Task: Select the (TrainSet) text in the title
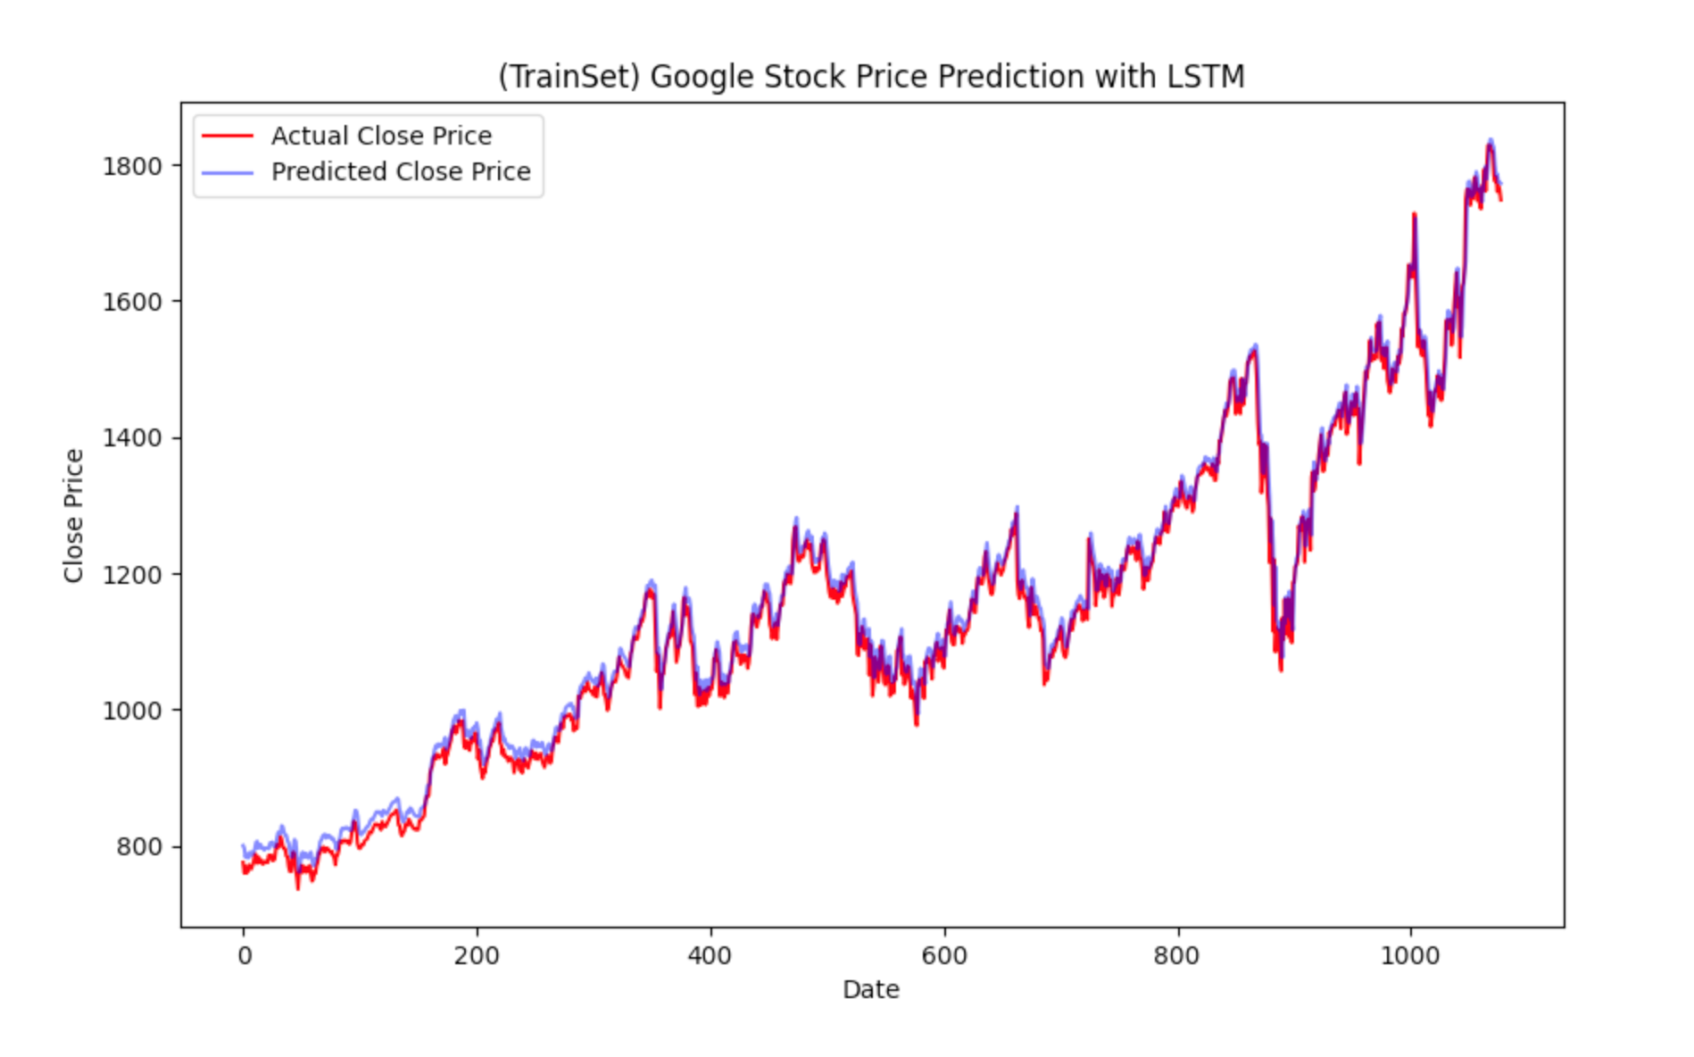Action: (569, 77)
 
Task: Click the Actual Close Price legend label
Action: (381, 136)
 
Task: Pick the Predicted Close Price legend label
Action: (401, 171)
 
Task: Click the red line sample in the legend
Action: (228, 136)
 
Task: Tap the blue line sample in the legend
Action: (228, 171)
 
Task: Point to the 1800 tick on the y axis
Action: (132, 166)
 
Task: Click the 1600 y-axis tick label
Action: (132, 302)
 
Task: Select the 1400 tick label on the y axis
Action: (132, 438)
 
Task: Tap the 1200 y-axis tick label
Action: (132, 574)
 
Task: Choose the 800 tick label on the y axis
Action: (139, 846)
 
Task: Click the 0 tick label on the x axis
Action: (244, 956)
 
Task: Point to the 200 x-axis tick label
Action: (477, 956)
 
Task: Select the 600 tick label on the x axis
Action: (944, 956)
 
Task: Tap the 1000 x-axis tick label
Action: (1410, 956)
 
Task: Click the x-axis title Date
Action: (870, 989)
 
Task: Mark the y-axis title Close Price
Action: (73, 515)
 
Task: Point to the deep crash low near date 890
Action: (1281, 668)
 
